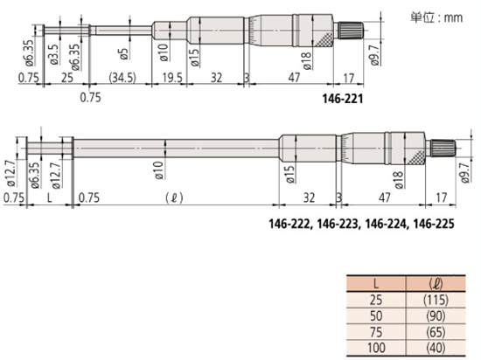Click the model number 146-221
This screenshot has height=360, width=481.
click(342, 99)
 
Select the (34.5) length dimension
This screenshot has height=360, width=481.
click(122, 78)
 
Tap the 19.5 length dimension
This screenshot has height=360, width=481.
click(172, 78)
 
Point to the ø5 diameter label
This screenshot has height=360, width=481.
click(123, 53)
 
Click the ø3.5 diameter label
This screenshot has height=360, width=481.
click(54, 54)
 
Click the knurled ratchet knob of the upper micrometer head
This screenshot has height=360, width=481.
click(351, 30)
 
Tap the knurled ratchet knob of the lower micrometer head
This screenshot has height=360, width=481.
click(443, 148)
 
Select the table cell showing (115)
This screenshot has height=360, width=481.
click(436, 300)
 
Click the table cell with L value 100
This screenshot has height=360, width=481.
click(376, 348)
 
